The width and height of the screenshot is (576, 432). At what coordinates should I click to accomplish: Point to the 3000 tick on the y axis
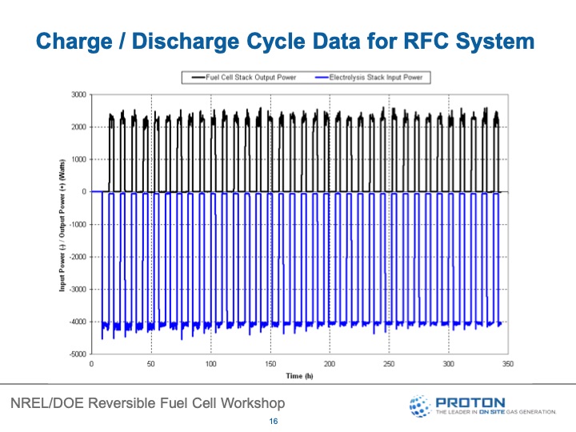(x=78, y=94)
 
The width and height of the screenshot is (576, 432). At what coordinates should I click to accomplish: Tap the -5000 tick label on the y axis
(x=76, y=354)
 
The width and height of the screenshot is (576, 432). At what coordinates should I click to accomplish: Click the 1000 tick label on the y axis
(x=78, y=159)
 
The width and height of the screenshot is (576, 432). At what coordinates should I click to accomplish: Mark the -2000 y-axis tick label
(x=76, y=257)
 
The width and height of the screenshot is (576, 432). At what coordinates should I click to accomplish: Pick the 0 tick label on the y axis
(x=83, y=192)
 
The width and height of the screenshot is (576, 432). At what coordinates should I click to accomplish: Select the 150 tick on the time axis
(x=270, y=364)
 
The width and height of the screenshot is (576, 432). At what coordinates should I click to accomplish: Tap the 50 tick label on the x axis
(x=151, y=364)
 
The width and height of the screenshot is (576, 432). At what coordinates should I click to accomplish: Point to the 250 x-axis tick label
(x=390, y=364)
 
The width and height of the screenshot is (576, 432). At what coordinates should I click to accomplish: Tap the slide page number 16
(x=274, y=422)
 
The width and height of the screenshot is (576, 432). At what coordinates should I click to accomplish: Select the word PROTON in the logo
(x=470, y=402)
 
